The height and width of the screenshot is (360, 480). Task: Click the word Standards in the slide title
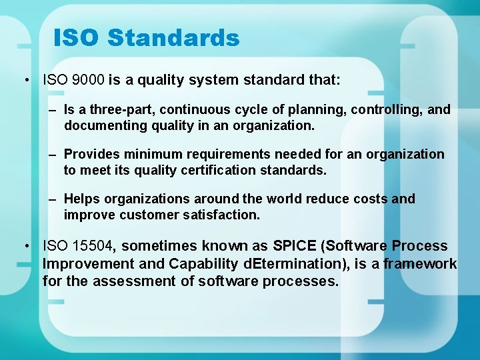pyautogui.click(x=173, y=38)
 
